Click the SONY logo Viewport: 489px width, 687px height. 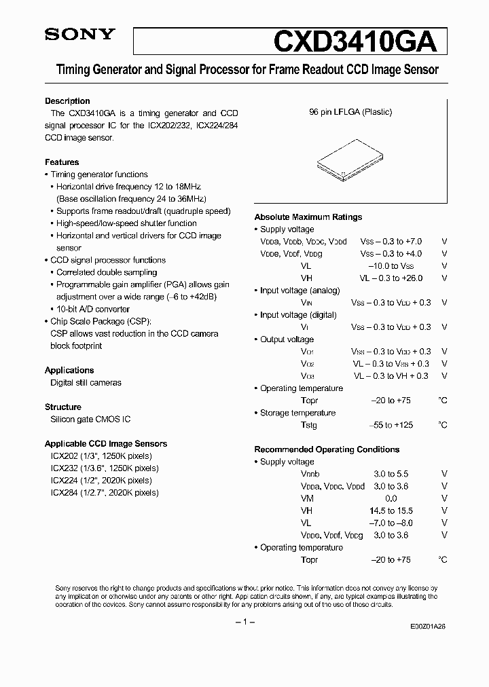click(x=80, y=35)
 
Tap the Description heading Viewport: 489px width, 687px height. click(x=67, y=101)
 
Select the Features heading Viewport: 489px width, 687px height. click(x=62, y=162)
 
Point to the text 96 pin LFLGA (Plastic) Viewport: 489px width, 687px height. click(x=350, y=112)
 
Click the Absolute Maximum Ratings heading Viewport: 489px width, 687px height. click(x=308, y=217)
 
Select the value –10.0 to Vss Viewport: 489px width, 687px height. click(x=391, y=266)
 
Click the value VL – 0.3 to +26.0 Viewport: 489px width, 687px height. click(x=391, y=278)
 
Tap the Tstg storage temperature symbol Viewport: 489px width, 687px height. click(x=309, y=425)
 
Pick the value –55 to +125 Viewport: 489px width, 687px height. click(x=391, y=425)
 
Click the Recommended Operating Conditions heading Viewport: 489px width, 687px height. click(x=327, y=449)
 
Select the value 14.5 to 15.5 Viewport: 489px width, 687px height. click(x=391, y=510)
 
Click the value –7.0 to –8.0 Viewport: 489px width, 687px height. click(x=391, y=523)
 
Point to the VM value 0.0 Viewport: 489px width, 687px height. click(x=391, y=498)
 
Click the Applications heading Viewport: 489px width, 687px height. click(x=69, y=370)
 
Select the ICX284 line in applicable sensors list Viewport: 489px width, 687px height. click(x=101, y=492)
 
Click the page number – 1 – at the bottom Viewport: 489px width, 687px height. click(x=244, y=623)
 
